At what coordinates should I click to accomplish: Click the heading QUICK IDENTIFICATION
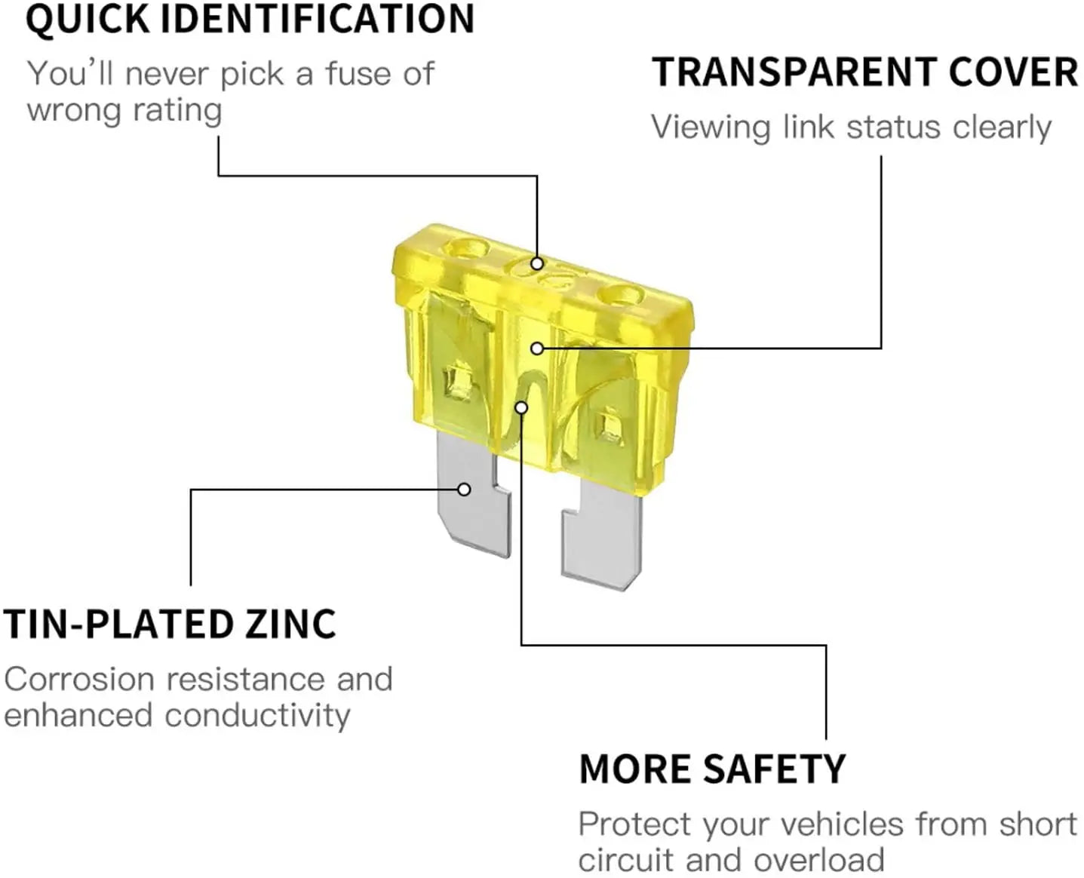250,19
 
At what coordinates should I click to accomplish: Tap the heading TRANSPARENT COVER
864,73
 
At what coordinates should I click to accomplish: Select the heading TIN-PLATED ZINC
170,625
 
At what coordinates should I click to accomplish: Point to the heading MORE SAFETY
712,769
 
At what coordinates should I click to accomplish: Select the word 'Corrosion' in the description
80,679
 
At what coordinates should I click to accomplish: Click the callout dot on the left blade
465,490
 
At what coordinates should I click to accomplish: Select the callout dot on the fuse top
536,263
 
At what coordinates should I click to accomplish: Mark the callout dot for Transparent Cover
536,348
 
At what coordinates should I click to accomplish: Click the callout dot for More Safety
521,407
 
